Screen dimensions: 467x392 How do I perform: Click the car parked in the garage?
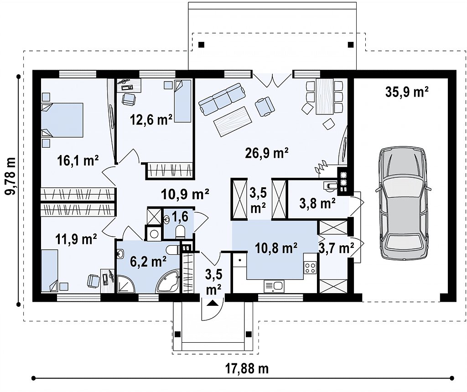(x=404, y=203)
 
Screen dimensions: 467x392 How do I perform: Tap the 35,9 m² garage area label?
(x=407, y=92)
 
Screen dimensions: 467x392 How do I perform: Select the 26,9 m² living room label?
(x=266, y=153)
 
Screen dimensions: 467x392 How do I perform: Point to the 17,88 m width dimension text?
(x=247, y=369)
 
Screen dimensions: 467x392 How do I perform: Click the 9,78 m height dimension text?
(x=11, y=176)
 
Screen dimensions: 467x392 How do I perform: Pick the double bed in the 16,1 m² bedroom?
(x=62, y=120)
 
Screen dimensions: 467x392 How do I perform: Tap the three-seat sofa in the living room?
(x=222, y=99)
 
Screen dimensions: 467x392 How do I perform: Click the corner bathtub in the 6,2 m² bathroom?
(x=168, y=281)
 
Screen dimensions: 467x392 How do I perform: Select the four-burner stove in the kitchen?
(x=310, y=267)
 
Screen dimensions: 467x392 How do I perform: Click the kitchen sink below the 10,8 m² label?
(x=274, y=286)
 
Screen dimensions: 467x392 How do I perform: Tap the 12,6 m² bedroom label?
(x=151, y=120)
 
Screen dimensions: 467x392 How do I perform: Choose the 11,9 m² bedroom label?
(x=76, y=239)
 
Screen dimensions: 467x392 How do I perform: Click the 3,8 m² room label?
(x=317, y=204)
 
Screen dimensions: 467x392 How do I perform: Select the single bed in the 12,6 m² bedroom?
(x=182, y=101)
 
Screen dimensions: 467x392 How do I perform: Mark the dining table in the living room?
(x=325, y=97)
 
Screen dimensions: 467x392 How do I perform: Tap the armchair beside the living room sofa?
(x=265, y=106)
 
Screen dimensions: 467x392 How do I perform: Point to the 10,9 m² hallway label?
(x=185, y=194)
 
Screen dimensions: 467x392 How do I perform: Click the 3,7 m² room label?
(x=336, y=248)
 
